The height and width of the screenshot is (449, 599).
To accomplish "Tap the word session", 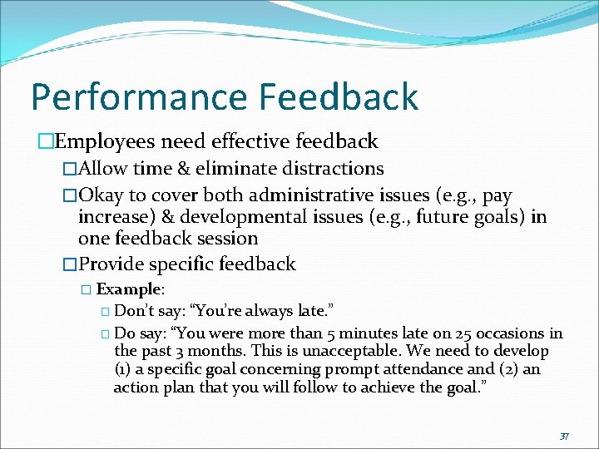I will point(225,239).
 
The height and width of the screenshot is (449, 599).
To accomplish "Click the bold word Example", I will point(129,289).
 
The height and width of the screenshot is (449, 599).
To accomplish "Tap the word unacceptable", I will point(334,351).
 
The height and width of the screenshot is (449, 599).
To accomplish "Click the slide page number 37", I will point(563,436).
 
